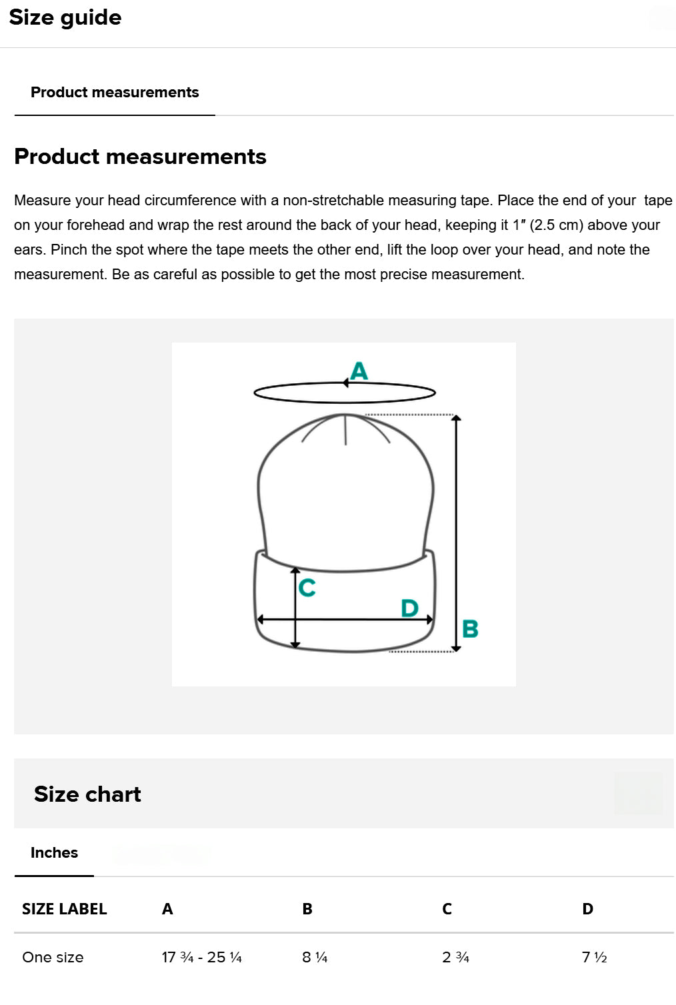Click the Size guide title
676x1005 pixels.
tap(65, 18)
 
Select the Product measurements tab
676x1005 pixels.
tap(115, 92)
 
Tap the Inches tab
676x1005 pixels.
tap(54, 852)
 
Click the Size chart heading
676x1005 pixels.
tap(87, 794)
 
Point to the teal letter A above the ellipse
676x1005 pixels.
tap(359, 371)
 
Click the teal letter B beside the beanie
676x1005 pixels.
tap(470, 628)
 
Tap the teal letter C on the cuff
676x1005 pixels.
tap(307, 587)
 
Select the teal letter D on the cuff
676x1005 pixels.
tap(410, 608)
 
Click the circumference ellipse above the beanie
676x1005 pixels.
tap(345, 402)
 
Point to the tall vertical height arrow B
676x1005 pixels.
tap(456, 533)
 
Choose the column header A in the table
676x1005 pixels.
tap(167, 909)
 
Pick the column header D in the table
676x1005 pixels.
tap(587, 909)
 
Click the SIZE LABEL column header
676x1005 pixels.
tap(64, 909)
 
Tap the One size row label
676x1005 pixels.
tap(53, 958)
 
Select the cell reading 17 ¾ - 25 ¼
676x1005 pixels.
tap(202, 958)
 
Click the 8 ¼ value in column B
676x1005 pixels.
tap(315, 958)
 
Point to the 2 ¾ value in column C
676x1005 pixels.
tap(455, 958)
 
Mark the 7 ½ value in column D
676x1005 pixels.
tap(594, 958)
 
